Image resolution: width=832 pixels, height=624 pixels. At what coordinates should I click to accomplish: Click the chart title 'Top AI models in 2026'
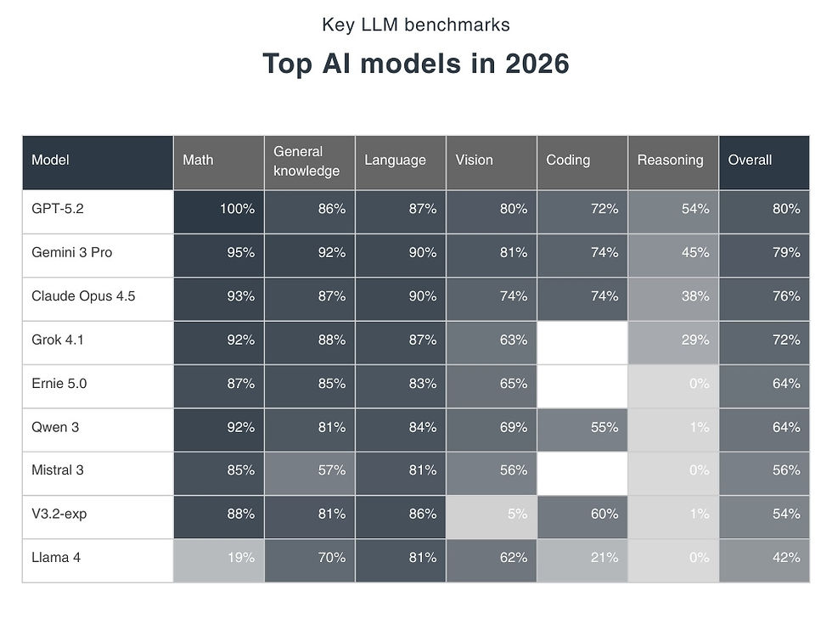415,65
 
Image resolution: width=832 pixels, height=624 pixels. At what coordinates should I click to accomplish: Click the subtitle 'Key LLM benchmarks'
415,24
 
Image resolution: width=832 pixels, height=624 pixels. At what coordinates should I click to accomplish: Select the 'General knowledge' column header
309,161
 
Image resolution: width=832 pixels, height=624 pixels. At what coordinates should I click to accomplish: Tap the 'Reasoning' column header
672,160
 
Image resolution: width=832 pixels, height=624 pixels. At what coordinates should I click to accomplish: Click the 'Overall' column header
763,160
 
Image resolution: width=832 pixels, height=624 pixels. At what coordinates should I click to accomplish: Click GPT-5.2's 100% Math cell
218,209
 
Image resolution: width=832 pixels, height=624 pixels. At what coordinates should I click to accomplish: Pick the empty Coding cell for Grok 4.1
582,340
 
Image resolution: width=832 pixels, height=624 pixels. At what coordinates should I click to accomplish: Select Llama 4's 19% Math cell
218,558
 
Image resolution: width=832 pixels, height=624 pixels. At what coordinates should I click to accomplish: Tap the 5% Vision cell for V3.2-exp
491,514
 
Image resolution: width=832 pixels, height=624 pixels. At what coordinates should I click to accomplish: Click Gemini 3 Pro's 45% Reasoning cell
672,253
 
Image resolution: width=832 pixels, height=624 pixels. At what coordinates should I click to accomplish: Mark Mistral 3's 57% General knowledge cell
309,470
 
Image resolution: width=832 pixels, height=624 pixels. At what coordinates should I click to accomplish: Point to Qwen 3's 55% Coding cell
582,427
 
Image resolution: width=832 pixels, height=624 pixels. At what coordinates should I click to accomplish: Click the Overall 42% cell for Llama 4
763,558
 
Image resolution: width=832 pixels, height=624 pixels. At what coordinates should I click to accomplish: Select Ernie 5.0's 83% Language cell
400,384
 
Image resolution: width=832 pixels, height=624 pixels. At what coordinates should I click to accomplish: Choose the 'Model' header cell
98,160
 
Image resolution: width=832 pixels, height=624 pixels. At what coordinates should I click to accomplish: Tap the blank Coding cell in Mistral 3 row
582,470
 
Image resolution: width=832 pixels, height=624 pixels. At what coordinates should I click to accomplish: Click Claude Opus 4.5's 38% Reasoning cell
672,296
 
